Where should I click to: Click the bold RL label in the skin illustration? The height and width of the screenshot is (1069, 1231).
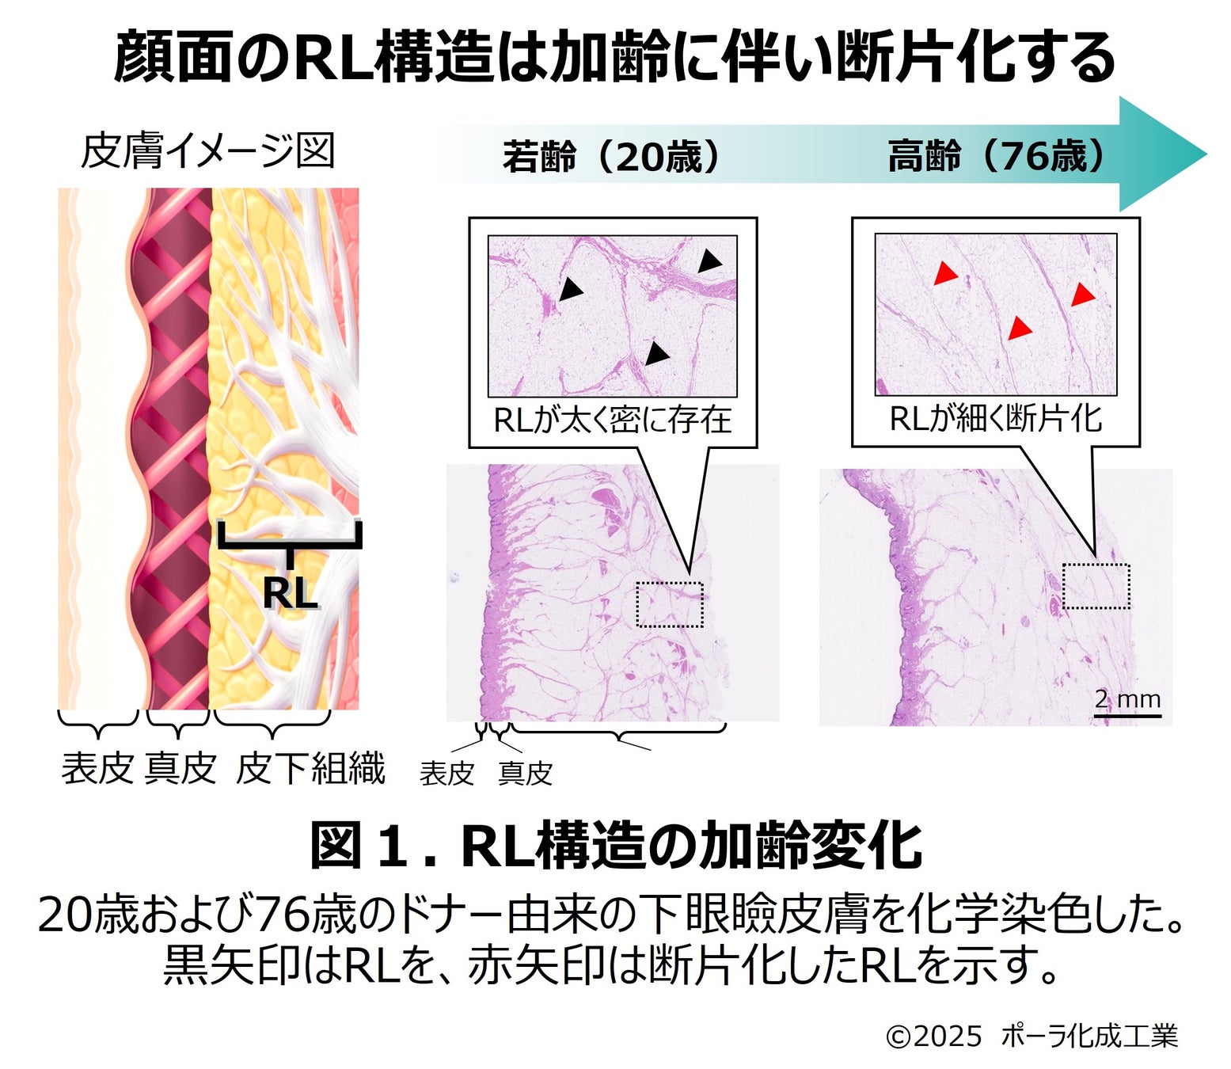290,592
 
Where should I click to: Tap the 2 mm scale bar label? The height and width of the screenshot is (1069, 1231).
1127,699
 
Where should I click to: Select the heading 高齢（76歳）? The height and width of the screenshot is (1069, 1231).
996,157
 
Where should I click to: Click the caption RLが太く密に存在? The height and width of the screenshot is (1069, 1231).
612,420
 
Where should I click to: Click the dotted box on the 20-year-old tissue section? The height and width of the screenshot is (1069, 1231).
670,604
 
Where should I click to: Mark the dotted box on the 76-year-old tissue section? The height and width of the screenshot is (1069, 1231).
1096,586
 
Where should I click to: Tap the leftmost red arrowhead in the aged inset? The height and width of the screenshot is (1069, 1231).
944,274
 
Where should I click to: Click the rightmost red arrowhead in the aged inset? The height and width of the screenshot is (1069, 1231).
1082,295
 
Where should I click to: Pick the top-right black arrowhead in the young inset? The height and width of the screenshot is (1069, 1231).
709,261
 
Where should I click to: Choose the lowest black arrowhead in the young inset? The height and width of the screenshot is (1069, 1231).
655,353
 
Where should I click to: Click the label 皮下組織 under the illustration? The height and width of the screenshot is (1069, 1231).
310,768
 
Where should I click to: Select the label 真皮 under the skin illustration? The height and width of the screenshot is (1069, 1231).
180,768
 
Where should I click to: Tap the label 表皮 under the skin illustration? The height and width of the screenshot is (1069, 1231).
97,768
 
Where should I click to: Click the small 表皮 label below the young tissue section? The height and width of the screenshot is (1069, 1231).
446,774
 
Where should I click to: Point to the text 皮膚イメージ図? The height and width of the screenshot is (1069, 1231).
208,151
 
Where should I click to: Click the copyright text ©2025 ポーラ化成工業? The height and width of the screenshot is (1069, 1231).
1032,1035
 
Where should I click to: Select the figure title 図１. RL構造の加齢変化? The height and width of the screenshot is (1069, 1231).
615,846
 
